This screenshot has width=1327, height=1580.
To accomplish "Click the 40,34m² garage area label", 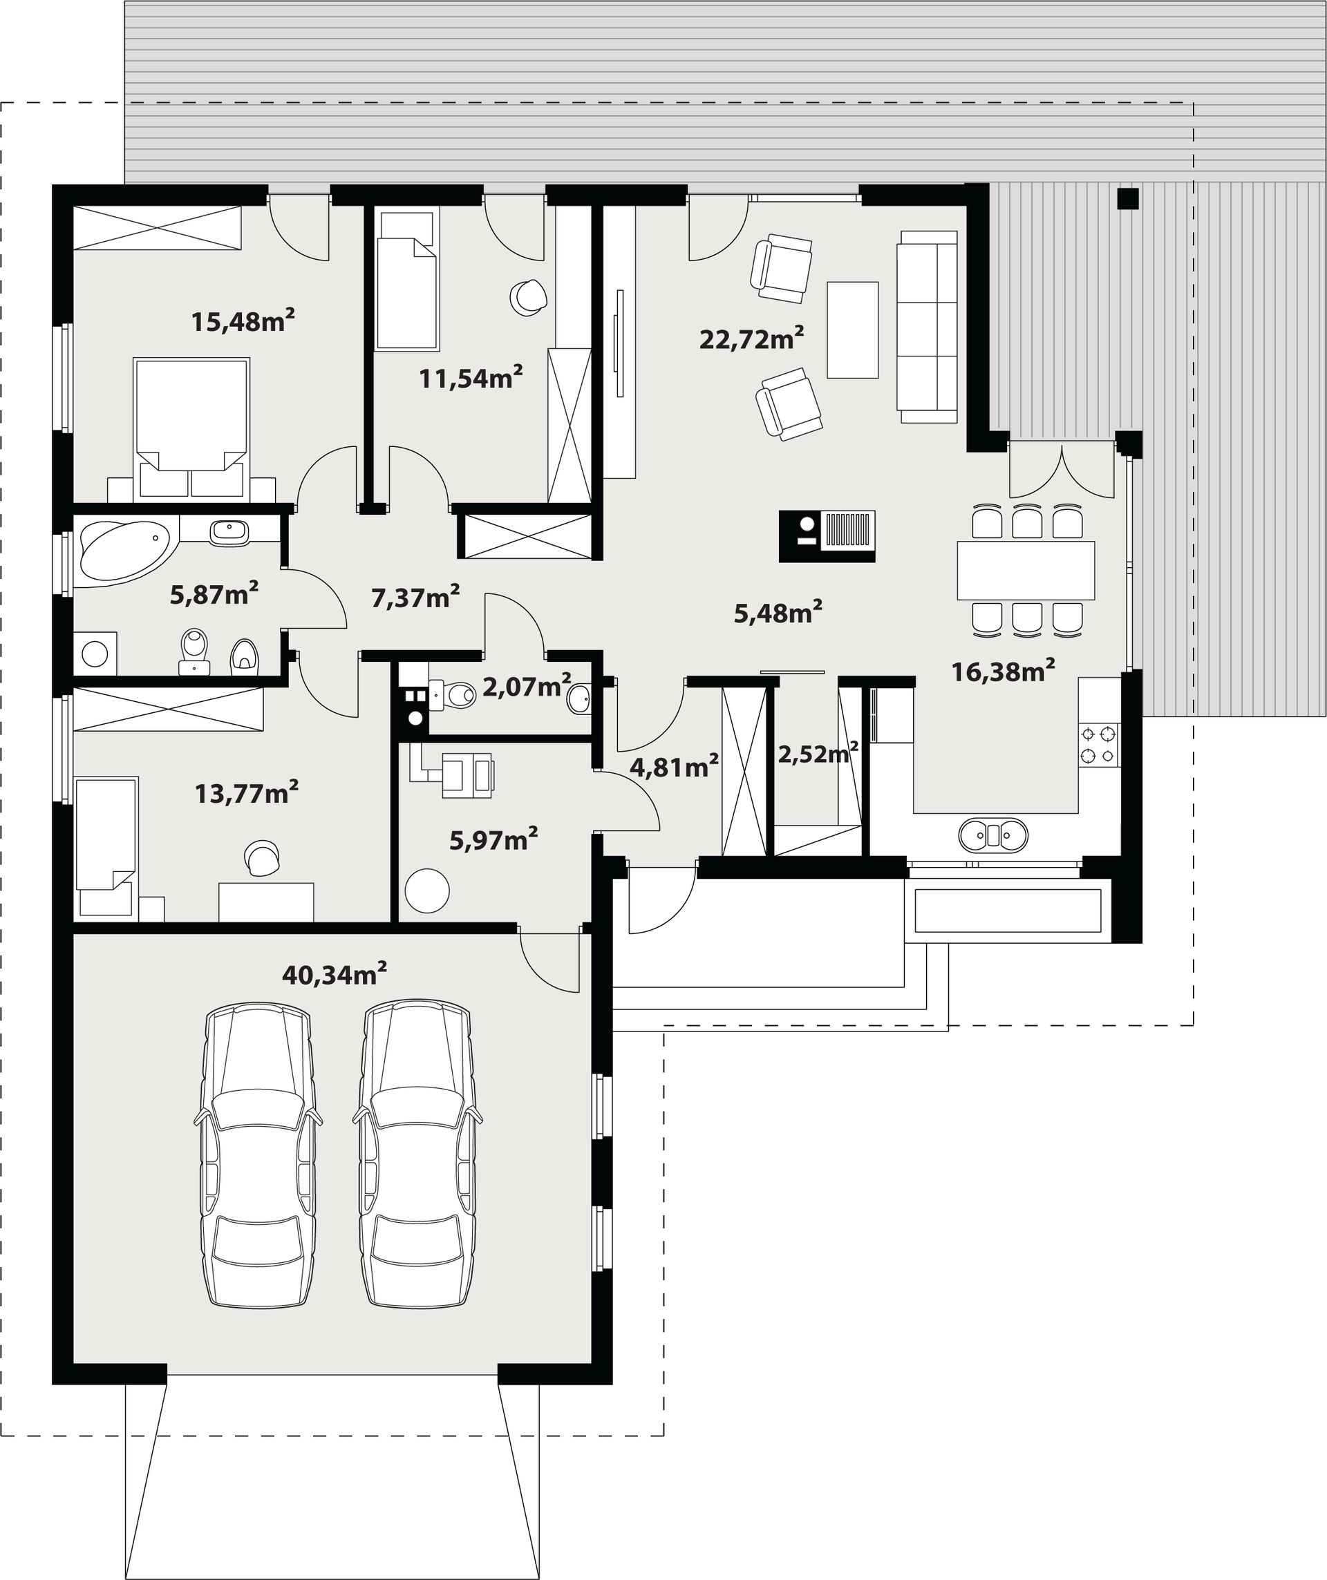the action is (335, 974).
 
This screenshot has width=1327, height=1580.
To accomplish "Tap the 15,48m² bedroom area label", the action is (243, 321).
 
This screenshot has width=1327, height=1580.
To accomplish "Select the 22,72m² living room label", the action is (751, 339).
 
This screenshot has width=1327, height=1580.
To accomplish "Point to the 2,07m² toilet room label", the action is (526, 685).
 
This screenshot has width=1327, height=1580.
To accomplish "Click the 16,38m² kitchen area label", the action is (1003, 670).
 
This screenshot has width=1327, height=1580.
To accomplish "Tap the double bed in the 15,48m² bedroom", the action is (191, 429).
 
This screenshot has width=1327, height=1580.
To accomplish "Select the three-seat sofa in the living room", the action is (927, 326).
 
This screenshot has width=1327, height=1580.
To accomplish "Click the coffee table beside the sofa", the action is (852, 330).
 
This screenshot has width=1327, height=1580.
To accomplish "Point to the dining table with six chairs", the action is (1026, 569).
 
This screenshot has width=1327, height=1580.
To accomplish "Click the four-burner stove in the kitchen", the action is (1099, 744).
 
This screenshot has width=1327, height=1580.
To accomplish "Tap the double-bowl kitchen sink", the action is (992, 835).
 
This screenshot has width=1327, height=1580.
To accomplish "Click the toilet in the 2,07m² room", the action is (453, 694).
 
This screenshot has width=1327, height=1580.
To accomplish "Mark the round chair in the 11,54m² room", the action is (527, 297).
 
